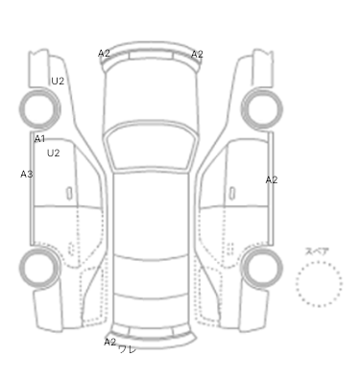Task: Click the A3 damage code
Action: (x=27, y=174)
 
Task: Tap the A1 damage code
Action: (x=39, y=139)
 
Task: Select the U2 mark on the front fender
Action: (x=58, y=81)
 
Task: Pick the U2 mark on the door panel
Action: (x=54, y=154)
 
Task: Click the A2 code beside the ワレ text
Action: (x=110, y=342)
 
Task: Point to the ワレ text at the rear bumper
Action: (x=128, y=349)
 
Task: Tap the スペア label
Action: (x=317, y=251)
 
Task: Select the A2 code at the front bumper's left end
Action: (x=104, y=54)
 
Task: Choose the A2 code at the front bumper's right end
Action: (x=197, y=55)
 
